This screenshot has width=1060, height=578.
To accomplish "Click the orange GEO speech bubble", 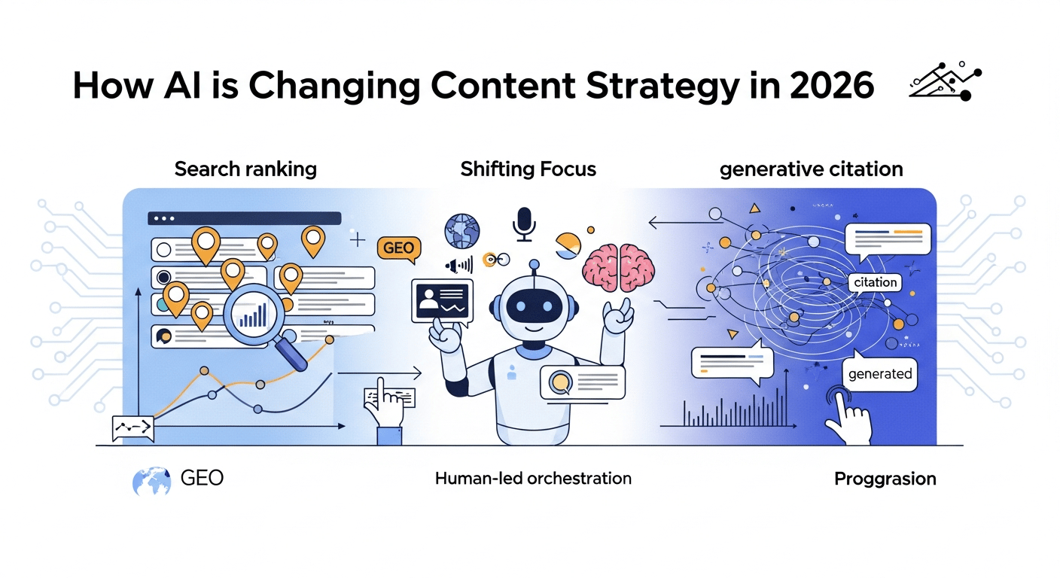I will pos(397,248).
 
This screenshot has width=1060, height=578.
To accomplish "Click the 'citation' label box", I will pos(876,282).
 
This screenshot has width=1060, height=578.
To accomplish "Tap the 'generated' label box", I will pos(879,373).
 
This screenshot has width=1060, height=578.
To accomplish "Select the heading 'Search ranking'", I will pos(245,169).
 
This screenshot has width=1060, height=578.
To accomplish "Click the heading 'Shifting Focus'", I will pos(528,169).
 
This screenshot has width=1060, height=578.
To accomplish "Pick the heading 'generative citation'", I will pos(811,169).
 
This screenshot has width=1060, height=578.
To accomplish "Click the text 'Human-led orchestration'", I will pos(533,478).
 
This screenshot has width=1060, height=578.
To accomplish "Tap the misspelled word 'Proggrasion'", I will pos(885,479).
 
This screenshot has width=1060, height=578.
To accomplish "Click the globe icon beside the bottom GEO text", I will pos(151,480).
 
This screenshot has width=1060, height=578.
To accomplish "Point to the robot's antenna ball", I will pos(535,264).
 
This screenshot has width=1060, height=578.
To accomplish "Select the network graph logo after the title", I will pos(945,82).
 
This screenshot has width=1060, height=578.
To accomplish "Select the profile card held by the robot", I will pos(442,301).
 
